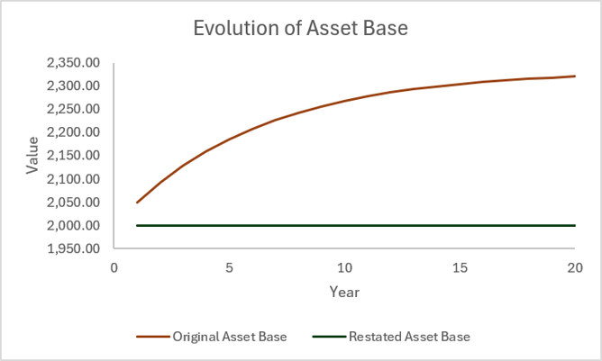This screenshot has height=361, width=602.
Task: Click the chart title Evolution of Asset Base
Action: (301, 29)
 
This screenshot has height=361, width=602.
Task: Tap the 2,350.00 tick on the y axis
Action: (73, 62)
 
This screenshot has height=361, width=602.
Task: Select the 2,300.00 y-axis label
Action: (73, 86)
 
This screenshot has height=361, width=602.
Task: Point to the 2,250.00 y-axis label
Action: (73, 109)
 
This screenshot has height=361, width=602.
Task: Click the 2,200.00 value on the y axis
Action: (73, 132)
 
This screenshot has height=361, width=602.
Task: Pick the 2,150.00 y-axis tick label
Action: (73, 156)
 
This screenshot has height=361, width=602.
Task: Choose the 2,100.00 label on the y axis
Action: (73, 179)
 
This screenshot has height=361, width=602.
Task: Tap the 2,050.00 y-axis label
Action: (73, 203)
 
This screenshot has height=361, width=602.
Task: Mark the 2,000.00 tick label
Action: (73, 225)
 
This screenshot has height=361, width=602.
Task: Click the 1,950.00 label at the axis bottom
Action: (73, 248)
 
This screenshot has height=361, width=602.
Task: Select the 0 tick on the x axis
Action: (114, 267)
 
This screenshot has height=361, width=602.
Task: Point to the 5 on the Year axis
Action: (229, 267)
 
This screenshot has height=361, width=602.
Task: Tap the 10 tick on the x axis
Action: (344, 267)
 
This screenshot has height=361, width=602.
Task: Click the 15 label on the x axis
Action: (460, 267)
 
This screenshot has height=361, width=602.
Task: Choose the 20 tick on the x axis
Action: (575, 267)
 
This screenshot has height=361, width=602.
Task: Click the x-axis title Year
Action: (344, 292)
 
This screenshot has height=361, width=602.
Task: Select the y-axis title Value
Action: (32, 156)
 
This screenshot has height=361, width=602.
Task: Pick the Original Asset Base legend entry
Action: (212, 337)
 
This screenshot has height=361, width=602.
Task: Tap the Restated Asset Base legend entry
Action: (392, 337)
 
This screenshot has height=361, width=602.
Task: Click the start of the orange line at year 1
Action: (137, 203)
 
